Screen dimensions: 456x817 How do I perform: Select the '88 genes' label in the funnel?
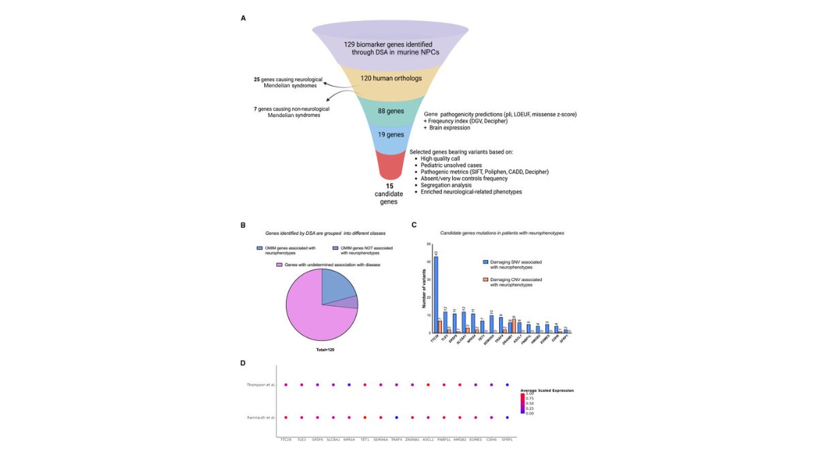(x=391, y=110)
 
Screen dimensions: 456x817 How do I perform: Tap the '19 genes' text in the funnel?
(x=391, y=135)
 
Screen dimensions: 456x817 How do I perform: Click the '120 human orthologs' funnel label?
(x=391, y=78)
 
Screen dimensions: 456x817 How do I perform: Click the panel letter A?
(x=243, y=18)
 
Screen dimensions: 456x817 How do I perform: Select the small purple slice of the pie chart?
(x=353, y=302)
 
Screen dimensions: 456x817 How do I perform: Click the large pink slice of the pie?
(x=313, y=313)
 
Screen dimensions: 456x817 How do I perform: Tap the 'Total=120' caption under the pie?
(x=321, y=349)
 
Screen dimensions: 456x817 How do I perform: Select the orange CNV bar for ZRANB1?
(x=513, y=325)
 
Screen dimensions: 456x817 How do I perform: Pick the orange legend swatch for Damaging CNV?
(x=485, y=280)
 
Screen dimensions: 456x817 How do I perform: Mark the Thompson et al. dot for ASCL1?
(x=428, y=385)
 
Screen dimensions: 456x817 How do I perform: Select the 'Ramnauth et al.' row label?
(x=261, y=417)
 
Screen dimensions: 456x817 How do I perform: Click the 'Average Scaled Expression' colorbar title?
(x=547, y=391)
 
